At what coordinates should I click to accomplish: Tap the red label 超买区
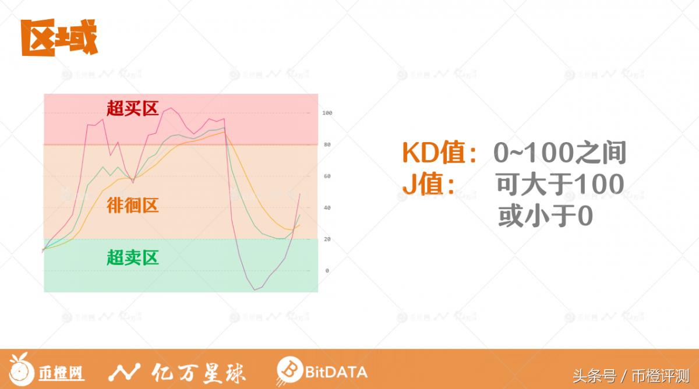pyautogui.click(x=133, y=108)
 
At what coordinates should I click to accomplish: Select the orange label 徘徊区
pyautogui.click(x=133, y=205)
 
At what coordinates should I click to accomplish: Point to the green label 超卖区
pyautogui.click(x=133, y=257)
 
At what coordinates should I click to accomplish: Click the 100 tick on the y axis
pyautogui.click(x=327, y=113)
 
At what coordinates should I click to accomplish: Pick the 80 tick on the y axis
pyautogui.click(x=327, y=144)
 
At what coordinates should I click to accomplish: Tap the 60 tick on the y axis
pyautogui.click(x=327, y=176)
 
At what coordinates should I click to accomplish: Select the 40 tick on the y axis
pyautogui.click(x=327, y=208)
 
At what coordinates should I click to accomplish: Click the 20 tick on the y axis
pyautogui.click(x=327, y=239)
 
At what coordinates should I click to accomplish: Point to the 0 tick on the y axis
pyautogui.click(x=327, y=271)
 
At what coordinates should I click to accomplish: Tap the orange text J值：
pyautogui.click(x=429, y=185)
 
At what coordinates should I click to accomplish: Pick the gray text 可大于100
pyautogui.click(x=560, y=185)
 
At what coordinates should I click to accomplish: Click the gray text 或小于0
pyautogui.click(x=545, y=217)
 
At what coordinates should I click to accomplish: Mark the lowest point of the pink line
pyautogui.click(x=254, y=290)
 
